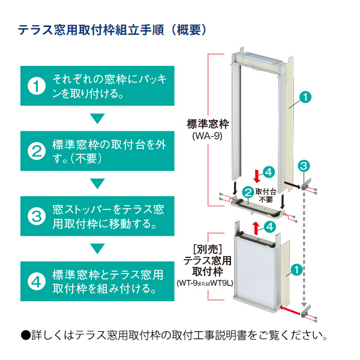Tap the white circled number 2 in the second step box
tap(37, 150)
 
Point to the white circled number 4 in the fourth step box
tap(37, 280)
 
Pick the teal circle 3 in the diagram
tap(304, 164)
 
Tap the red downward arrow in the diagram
tap(257, 176)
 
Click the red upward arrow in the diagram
tap(256, 227)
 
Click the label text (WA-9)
tap(208, 136)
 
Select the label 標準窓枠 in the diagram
tap(208, 124)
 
